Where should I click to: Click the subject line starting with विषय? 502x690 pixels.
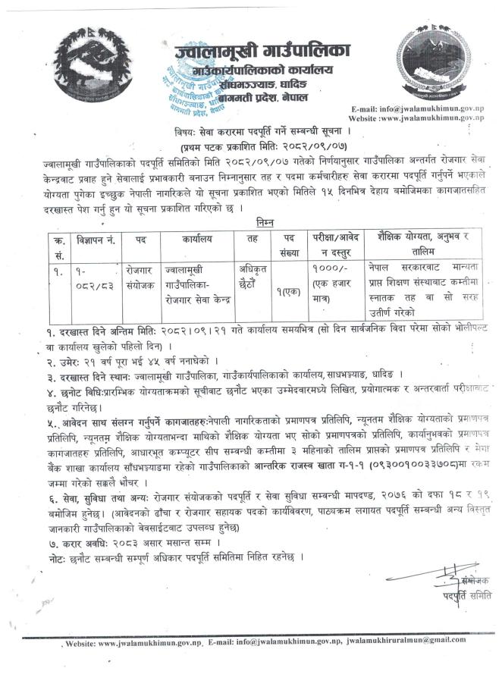click(250, 131)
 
